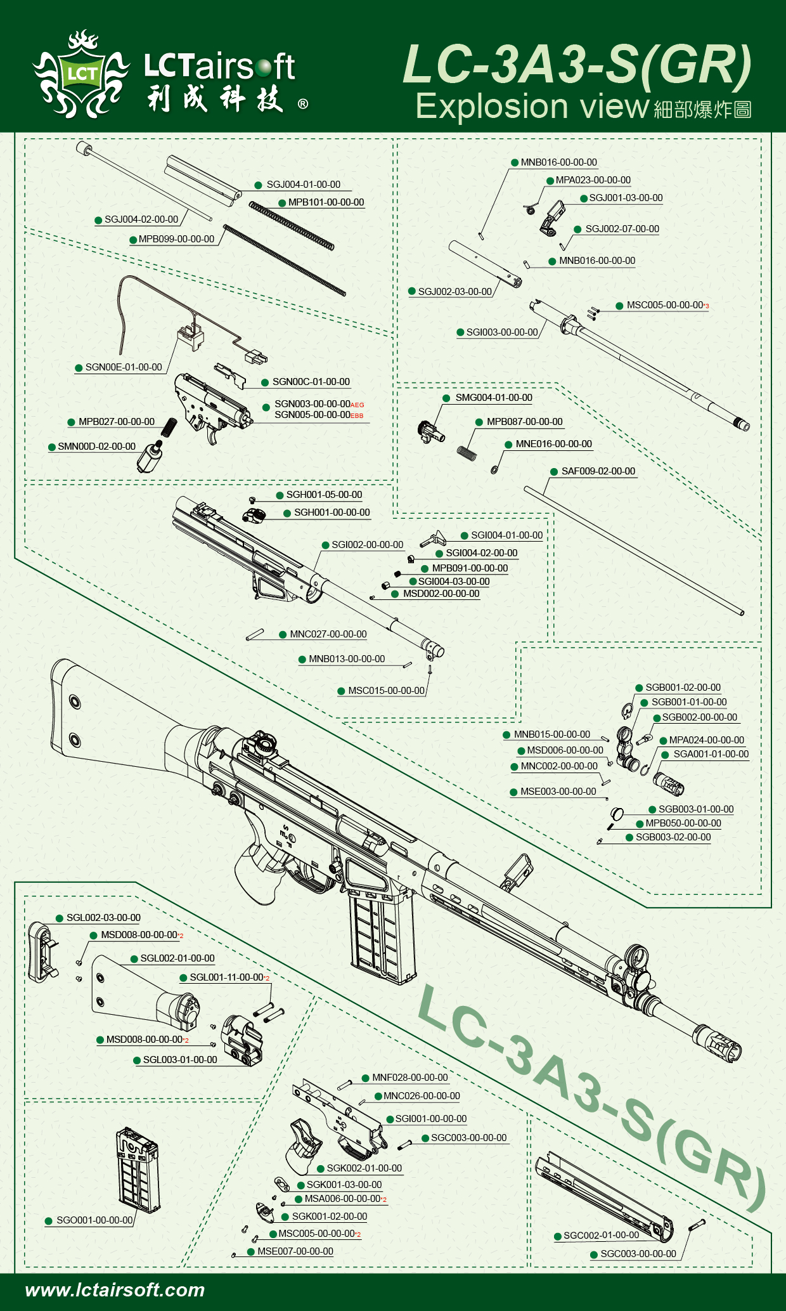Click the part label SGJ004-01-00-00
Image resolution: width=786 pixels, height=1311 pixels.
pyautogui.click(x=303, y=185)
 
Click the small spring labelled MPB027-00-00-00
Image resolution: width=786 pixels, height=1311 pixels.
pyautogui.click(x=169, y=427)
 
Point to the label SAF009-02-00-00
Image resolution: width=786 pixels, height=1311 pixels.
pyautogui.click(x=598, y=471)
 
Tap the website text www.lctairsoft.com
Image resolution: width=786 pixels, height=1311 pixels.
pyautogui.click(x=115, y=1290)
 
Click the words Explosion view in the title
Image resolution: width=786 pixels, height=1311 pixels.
pyautogui.click(x=532, y=107)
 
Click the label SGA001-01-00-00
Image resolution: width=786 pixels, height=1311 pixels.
pyautogui.click(x=711, y=754)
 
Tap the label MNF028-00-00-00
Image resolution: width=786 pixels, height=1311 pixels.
pyautogui.click(x=409, y=1078)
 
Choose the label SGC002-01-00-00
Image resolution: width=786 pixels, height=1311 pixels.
pyautogui.click(x=601, y=1236)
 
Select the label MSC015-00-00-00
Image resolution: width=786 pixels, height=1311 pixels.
pyautogui.click(x=386, y=691)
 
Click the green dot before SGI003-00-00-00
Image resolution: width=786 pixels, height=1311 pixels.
pyautogui.click(x=460, y=332)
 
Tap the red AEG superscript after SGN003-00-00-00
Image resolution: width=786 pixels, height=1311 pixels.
pyautogui.click(x=358, y=405)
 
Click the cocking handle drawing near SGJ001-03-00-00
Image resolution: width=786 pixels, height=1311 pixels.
pyautogui.click(x=552, y=216)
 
